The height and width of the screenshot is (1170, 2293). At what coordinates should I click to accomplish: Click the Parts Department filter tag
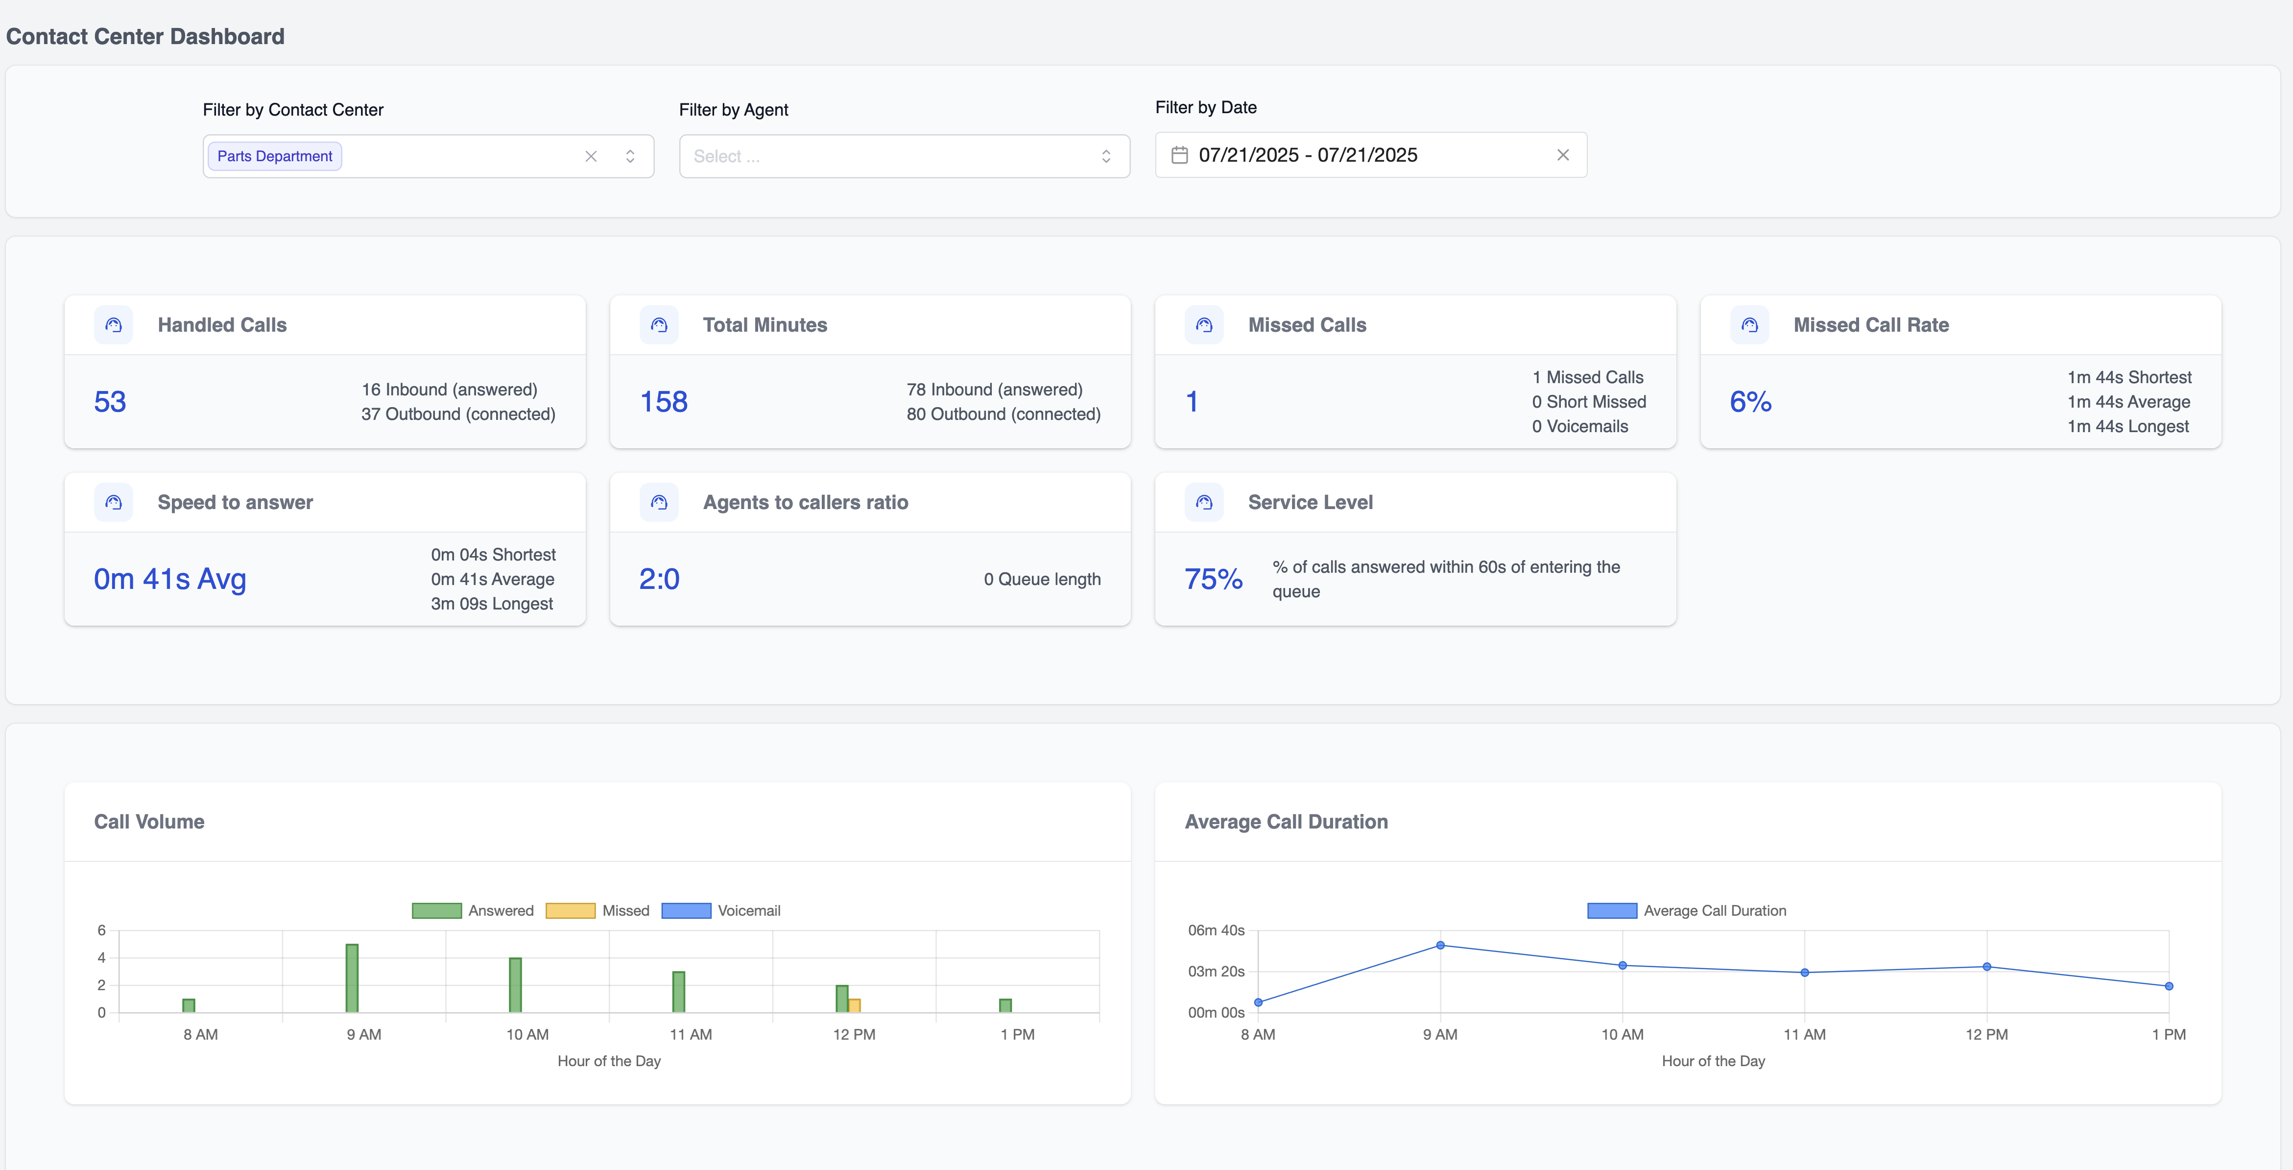(274, 156)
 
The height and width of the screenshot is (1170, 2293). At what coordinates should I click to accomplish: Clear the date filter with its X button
(1562, 155)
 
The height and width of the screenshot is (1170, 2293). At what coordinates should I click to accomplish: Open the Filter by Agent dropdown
(904, 156)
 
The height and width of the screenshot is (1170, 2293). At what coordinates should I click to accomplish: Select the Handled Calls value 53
(110, 402)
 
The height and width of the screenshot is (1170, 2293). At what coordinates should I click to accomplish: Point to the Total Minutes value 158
(664, 402)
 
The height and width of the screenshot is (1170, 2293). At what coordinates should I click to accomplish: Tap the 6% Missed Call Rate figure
(1750, 402)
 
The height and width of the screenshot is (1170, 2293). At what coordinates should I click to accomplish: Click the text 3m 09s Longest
(492, 604)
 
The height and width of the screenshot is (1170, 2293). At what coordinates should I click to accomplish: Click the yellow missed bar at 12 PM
(855, 1005)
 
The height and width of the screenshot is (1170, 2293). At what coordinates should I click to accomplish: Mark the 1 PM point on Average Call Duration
(2169, 986)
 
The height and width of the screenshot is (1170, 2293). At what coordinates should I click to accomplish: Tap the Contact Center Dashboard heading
(145, 37)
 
